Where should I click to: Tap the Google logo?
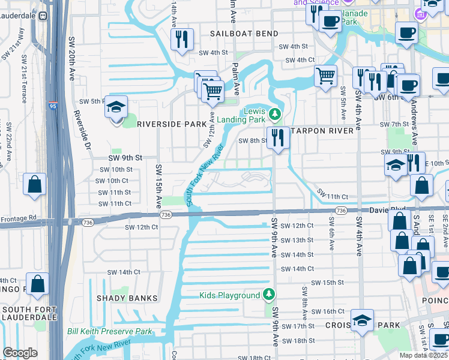pos(20,353)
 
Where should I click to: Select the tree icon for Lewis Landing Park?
pos(274,113)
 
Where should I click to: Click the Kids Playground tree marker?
pos(270,294)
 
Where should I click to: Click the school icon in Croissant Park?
pos(362,320)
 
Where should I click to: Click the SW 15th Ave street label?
pos(158,185)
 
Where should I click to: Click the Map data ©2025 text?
pos(424,355)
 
